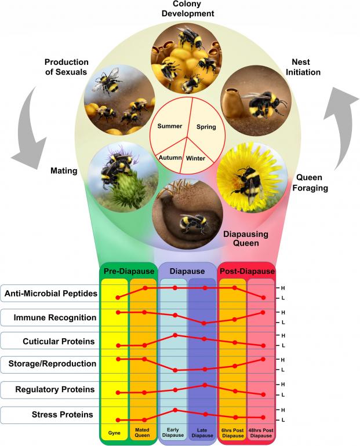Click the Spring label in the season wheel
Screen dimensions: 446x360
(206, 126)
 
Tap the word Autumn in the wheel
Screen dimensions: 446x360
(169, 157)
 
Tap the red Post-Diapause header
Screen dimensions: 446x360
(246, 271)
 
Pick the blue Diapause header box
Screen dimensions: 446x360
(187, 271)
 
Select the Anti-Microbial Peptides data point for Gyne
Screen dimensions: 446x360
(118, 298)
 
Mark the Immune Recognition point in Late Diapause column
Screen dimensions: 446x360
(204, 323)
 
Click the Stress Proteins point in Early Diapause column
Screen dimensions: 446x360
(175, 410)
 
